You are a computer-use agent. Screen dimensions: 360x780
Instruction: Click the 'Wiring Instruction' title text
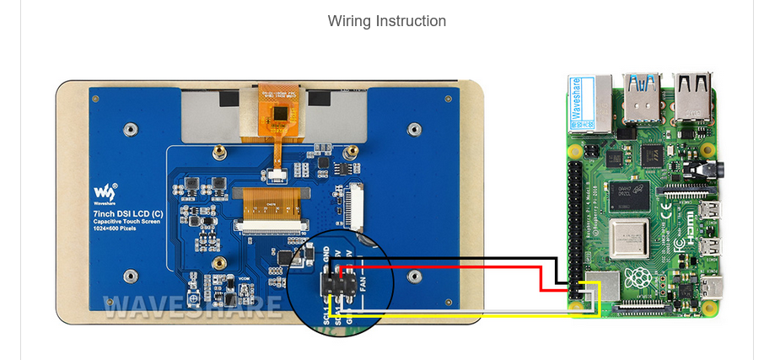tap(387, 21)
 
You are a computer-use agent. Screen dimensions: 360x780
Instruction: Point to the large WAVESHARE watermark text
tap(192, 308)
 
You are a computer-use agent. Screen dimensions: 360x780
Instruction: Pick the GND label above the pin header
tap(327, 255)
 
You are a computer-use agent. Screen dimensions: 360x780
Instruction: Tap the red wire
tap(455, 267)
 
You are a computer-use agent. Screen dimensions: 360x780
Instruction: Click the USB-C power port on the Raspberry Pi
tap(717, 287)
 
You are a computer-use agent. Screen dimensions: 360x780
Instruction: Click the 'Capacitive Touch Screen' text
tap(126, 222)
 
